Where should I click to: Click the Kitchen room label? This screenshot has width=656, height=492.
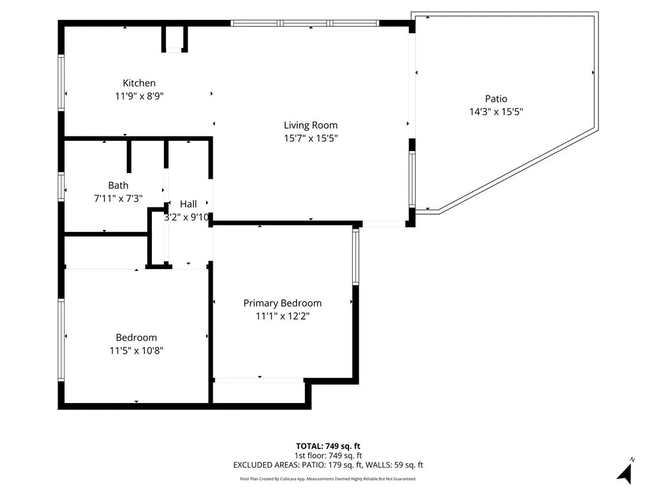[139, 83]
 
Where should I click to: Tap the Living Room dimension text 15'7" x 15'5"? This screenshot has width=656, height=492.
[311, 138]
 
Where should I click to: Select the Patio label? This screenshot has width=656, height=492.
[496, 99]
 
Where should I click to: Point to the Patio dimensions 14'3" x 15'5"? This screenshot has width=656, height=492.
[496, 111]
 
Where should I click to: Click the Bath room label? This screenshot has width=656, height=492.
[118, 186]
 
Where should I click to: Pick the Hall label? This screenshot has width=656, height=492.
[188, 204]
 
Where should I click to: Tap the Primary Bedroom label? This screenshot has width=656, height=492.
[283, 303]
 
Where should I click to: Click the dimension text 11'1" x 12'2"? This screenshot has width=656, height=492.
[283, 316]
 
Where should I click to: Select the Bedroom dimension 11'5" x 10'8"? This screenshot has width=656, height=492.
[136, 350]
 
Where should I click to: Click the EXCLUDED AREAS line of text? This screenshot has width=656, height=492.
[328, 465]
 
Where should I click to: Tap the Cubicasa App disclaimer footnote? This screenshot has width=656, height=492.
[328, 479]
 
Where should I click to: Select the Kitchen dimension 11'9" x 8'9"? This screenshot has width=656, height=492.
[139, 95]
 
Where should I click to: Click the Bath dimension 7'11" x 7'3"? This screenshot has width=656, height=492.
[118, 199]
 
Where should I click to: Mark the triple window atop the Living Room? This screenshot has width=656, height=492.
[305, 23]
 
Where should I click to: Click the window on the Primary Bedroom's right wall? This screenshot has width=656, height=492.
[355, 256]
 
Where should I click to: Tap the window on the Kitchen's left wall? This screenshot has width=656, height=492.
[61, 82]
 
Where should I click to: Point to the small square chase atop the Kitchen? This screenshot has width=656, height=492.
[174, 38]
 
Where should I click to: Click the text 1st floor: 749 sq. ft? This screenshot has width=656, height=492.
[328, 455]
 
